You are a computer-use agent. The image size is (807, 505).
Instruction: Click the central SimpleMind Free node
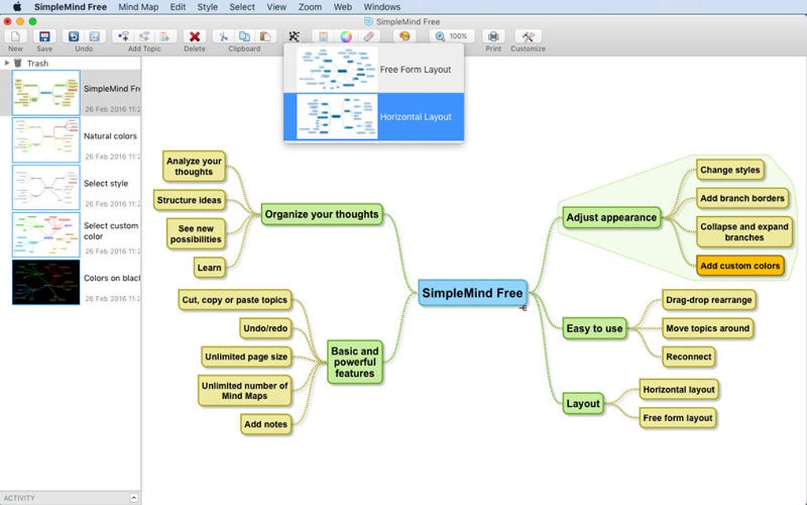tap(472, 293)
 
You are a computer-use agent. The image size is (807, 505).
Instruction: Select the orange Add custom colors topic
tap(740, 266)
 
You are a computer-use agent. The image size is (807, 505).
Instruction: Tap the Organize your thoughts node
tap(321, 214)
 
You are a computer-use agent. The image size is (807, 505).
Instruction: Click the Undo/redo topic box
tap(265, 328)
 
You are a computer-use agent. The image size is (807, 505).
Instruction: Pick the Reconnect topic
tap(688, 357)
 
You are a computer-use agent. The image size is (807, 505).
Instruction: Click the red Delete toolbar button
tap(195, 36)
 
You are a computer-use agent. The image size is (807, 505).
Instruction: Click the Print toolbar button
tap(494, 36)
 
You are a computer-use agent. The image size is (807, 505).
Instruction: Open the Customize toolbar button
tap(528, 36)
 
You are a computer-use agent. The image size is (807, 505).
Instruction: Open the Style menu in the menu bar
tap(207, 7)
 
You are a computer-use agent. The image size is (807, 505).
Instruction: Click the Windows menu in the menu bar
tap(382, 7)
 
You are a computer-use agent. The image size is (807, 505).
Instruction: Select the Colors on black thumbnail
tap(46, 283)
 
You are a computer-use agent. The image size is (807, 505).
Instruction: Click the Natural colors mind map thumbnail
tap(46, 141)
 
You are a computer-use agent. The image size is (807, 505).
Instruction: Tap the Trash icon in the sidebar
tap(18, 63)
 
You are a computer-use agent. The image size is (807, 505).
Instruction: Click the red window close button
tap(8, 21)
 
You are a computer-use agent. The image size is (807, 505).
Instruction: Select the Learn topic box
tap(209, 268)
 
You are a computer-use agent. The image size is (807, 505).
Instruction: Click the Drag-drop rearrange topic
tap(709, 300)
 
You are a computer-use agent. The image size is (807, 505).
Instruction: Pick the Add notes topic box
tap(265, 424)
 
